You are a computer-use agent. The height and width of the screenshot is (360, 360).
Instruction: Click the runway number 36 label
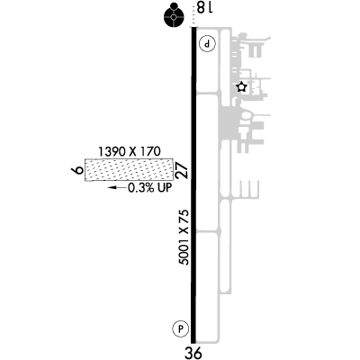coord(193,353)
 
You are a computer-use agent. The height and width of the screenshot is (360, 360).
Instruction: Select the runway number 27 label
coord(182,171)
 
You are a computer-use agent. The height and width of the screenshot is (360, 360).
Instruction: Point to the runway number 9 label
coord(77,170)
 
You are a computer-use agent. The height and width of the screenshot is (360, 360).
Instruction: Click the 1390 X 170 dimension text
coord(130,152)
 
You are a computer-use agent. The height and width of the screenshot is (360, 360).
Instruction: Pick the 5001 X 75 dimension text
coord(184,238)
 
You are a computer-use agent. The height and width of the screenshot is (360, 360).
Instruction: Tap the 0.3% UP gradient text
coord(150,188)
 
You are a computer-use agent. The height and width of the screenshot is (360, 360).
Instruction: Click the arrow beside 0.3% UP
coord(117,188)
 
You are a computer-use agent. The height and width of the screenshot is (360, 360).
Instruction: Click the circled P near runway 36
coord(181,328)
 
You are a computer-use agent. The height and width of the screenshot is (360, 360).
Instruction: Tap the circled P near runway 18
coord(208,44)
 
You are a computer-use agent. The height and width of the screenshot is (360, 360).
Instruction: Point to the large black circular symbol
coord(174,17)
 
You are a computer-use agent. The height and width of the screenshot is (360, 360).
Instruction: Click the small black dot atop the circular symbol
coord(174,5)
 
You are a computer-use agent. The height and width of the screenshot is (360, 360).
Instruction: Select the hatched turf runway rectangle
coord(130,170)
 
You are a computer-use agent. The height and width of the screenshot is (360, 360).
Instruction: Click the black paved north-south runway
coord(193,184)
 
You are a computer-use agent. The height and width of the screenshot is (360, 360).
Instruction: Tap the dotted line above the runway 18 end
coord(193,20)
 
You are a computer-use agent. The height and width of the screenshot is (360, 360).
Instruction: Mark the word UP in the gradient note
coord(166,188)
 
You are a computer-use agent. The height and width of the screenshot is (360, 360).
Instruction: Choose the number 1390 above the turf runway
coord(112,152)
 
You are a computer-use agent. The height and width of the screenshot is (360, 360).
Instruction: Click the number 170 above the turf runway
coord(149,152)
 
